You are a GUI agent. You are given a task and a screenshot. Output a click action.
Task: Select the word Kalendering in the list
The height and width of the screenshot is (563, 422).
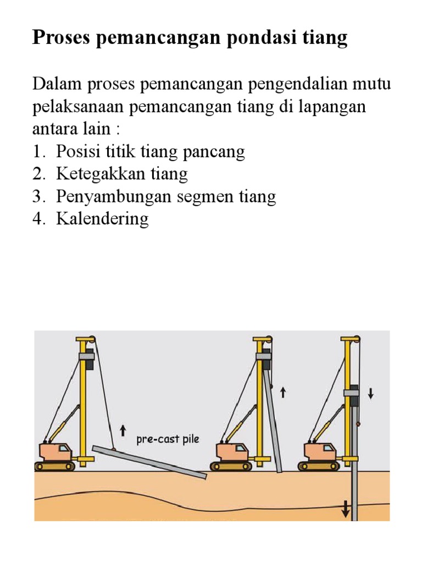[x=102, y=219]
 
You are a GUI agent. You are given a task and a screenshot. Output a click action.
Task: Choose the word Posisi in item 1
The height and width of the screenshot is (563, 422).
[x=76, y=152]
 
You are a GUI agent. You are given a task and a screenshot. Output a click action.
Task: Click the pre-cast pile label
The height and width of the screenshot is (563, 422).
[x=168, y=440]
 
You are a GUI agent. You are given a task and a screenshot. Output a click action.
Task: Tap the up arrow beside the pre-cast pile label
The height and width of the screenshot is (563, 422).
[x=122, y=428]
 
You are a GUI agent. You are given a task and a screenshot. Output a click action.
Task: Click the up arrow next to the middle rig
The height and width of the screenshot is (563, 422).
[x=284, y=392]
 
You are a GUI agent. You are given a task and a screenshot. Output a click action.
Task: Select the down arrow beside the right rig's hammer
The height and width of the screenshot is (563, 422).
[x=370, y=394]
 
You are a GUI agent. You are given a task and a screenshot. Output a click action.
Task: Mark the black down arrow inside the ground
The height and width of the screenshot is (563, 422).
[x=346, y=509]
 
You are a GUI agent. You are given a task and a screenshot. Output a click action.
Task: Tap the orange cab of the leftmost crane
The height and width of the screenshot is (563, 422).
[x=55, y=452]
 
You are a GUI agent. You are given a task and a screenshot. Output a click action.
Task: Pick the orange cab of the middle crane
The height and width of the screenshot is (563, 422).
[x=232, y=452]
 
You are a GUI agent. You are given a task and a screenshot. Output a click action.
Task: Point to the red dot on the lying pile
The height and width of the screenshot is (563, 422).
[x=114, y=450]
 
